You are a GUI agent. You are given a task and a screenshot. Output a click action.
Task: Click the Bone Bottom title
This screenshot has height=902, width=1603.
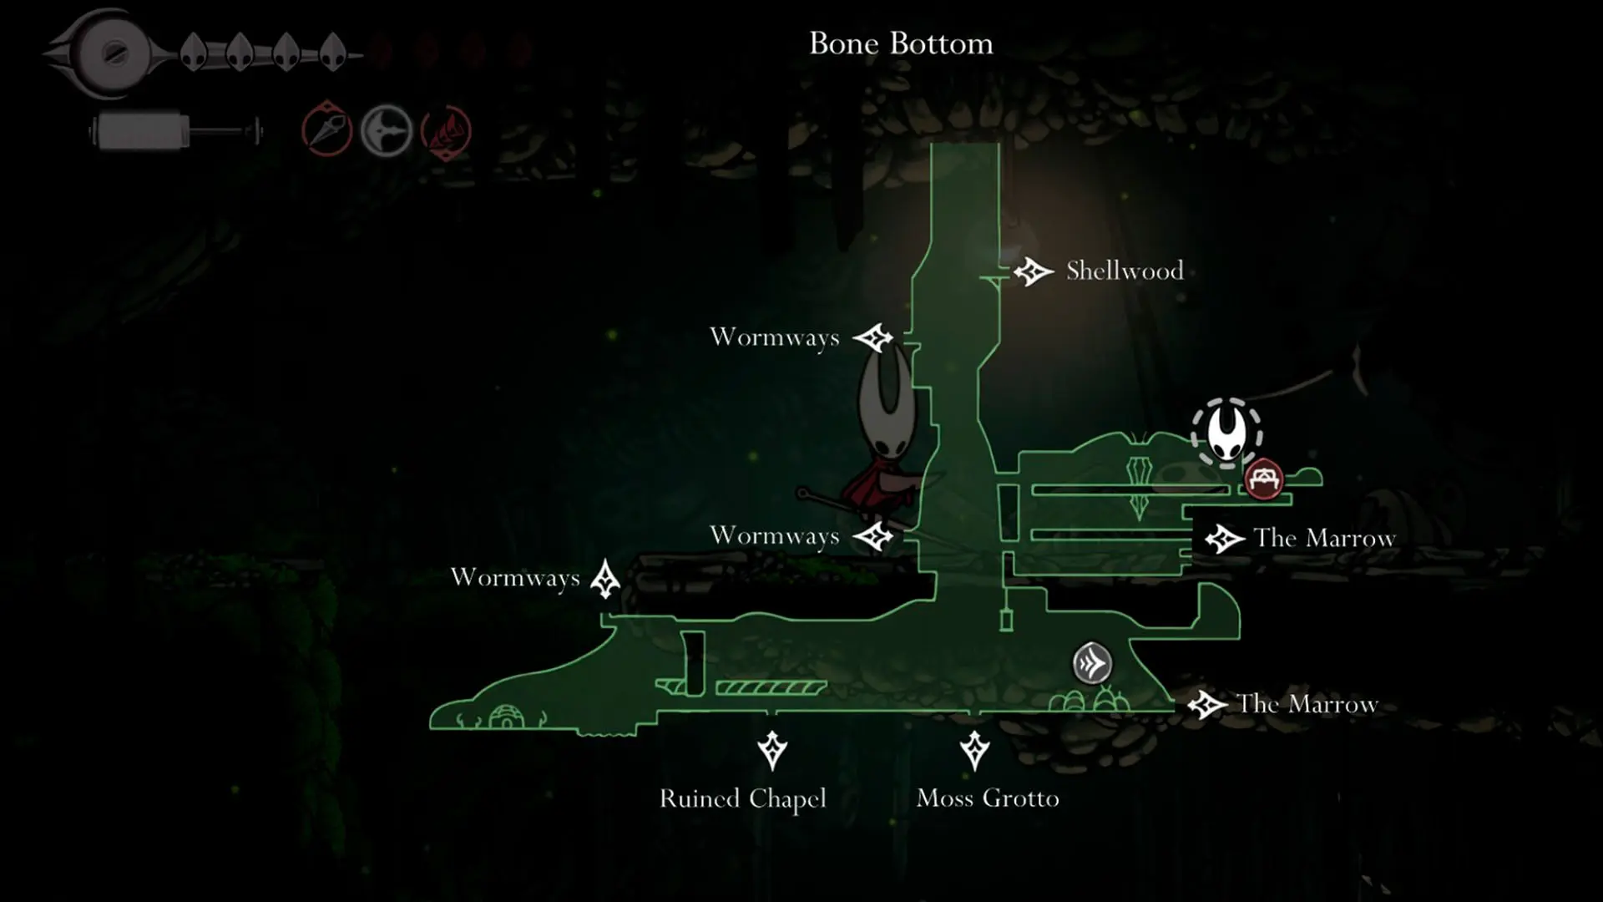(x=901, y=43)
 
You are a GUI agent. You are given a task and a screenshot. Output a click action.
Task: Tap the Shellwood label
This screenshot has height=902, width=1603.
(x=1125, y=271)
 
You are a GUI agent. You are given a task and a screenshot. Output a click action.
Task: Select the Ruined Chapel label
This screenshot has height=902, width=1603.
(x=743, y=798)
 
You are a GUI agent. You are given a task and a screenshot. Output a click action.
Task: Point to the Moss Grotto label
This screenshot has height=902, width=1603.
(x=988, y=798)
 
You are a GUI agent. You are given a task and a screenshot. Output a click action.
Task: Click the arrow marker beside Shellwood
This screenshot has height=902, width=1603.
(x=1033, y=271)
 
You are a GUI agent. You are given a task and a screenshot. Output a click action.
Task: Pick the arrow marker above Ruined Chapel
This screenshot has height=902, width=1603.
(x=772, y=750)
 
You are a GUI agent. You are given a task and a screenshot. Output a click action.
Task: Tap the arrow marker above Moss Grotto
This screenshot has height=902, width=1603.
(x=974, y=750)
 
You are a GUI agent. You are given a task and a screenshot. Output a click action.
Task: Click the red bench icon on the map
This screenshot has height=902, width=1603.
(x=1264, y=479)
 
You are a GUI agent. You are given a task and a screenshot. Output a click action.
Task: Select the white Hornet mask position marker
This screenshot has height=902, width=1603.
(x=1226, y=432)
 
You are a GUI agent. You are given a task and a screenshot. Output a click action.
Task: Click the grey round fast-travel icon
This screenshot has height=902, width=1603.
(x=1092, y=664)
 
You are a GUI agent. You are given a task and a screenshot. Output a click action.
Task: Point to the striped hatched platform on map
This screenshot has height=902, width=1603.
(x=771, y=687)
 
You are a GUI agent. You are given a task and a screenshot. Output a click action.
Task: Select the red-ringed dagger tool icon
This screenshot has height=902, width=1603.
(x=326, y=129)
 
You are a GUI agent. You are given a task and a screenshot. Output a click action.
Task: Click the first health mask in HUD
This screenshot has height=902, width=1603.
(x=194, y=52)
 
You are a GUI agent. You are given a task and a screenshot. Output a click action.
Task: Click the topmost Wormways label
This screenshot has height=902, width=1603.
(x=774, y=337)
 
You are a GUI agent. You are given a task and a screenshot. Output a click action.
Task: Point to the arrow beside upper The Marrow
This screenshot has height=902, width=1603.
(x=1225, y=539)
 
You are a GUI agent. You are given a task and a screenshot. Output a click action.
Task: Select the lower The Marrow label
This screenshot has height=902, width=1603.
(x=1307, y=704)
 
